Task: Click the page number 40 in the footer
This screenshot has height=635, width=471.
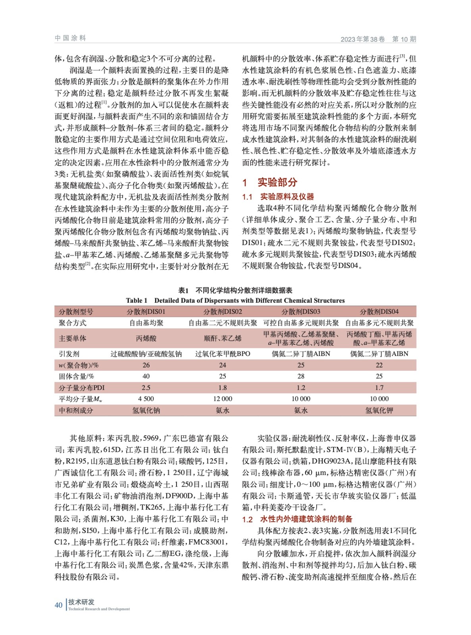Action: coord(58,605)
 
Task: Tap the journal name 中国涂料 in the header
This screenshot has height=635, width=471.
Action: coord(70,38)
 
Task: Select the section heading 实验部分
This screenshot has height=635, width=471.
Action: coord(277,182)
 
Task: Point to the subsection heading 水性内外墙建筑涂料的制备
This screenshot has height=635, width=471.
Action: coord(306,519)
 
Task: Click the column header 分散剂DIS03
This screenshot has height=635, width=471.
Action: coord(301,312)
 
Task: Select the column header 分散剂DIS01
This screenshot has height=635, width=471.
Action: coord(146,312)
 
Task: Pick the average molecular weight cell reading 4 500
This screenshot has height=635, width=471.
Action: coord(146,399)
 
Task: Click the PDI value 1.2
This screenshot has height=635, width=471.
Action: coord(301,388)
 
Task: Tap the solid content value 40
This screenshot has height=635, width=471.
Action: coord(146,376)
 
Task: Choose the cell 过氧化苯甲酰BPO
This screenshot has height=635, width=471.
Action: coord(223,354)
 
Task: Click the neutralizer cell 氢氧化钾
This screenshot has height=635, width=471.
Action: coord(379,410)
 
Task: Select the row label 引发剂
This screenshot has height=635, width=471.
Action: coord(69,354)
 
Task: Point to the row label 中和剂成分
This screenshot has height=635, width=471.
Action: coord(76,410)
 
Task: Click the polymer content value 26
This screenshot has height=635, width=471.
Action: coord(146,365)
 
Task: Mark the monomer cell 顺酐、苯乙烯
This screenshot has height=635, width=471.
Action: coord(223,339)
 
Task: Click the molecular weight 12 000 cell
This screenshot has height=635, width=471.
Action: coord(223,399)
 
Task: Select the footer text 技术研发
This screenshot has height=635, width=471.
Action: coord(81,602)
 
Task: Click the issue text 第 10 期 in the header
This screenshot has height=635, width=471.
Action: coord(404,39)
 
